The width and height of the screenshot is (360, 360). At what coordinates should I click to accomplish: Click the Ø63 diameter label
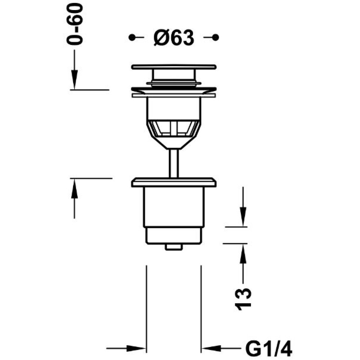point(174,38)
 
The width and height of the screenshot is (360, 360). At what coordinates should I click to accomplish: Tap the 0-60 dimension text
point(75,24)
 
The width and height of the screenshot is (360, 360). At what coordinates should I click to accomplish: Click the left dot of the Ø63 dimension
point(132,37)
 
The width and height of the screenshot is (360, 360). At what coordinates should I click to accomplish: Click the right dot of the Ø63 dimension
point(215,37)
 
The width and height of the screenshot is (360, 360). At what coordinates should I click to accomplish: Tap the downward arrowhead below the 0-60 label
point(74,80)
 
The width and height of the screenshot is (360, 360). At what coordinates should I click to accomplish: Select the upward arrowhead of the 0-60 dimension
point(74,189)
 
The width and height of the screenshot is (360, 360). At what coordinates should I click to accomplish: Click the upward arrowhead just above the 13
point(243,254)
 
